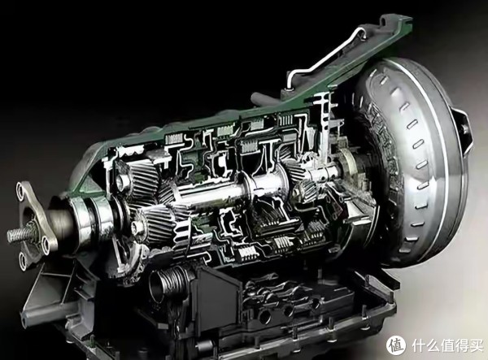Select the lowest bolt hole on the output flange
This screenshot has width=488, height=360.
pyautogui.click(x=23, y=258)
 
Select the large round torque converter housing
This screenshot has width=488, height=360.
pyautogui.click(x=411, y=162)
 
